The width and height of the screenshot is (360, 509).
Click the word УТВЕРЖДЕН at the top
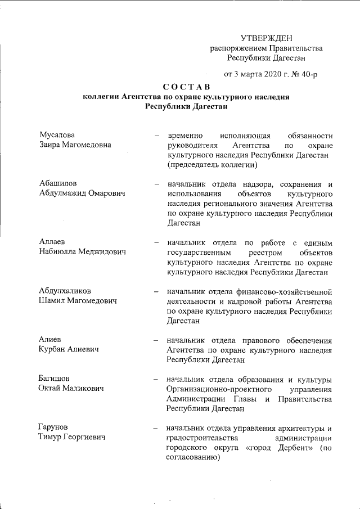[x=267, y=38]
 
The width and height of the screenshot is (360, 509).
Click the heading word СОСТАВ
[x=186, y=87]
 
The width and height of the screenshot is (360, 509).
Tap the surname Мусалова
[x=57, y=135]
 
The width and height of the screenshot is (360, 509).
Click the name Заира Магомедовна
[x=75, y=145]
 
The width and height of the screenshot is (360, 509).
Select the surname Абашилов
[x=58, y=183]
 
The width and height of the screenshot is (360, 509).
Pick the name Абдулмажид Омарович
[x=82, y=193]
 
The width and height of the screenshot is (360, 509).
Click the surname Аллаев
[x=53, y=242]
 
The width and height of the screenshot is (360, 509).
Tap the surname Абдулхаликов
[x=65, y=291]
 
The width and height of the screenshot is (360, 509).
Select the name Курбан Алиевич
[x=69, y=349]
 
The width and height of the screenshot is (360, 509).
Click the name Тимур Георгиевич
[x=73, y=437]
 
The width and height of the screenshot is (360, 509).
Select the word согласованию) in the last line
[x=192, y=458]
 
